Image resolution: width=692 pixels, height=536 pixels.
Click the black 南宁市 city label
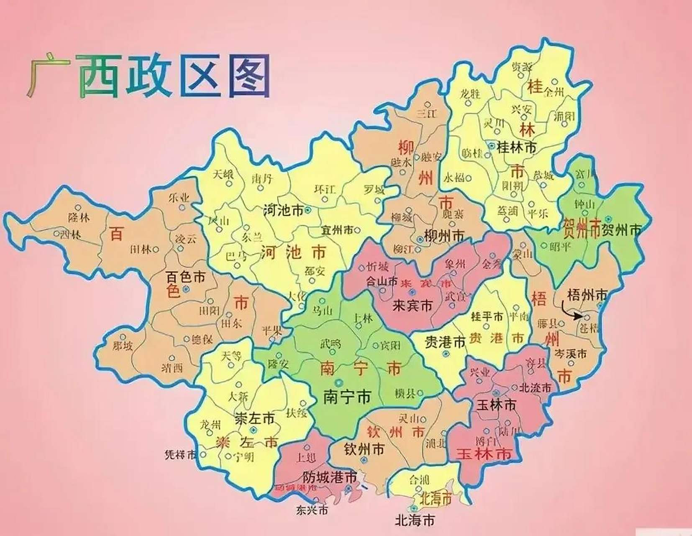pyautogui.click(x=347, y=397)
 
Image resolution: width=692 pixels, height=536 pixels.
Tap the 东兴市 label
pyautogui.click(x=312, y=510)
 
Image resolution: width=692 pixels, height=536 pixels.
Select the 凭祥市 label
pyautogui.click(x=180, y=455)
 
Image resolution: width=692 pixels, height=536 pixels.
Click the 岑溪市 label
pyautogui.click(x=570, y=354)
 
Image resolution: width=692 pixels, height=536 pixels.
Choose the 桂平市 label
pyautogui.click(x=487, y=316)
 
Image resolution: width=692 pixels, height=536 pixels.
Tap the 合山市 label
pyautogui.click(x=382, y=281)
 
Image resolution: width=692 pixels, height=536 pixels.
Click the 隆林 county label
pyautogui.click(x=79, y=216)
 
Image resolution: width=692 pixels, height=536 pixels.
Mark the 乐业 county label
pyautogui.click(x=179, y=198)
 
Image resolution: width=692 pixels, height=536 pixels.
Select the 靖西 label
pyautogui.click(x=172, y=368)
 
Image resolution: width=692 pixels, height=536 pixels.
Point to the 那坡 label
pyautogui.click(x=123, y=346)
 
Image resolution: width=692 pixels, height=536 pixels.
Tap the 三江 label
pyautogui.click(x=427, y=113)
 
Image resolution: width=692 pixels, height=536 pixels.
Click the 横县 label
pyautogui.click(x=405, y=393)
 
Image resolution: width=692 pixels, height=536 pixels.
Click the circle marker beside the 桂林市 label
pyautogui.click(x=491, y=145)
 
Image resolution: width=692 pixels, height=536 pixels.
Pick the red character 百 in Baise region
pyautogui.click(x=116, y=234)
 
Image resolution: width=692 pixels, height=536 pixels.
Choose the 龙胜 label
pyautogui.click(x=470, y=93)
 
